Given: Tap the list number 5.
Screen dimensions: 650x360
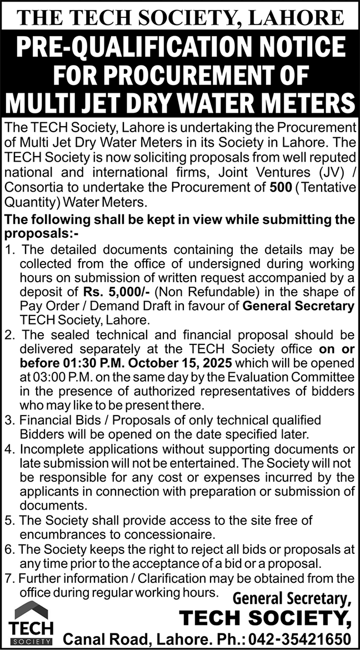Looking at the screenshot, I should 9,521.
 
